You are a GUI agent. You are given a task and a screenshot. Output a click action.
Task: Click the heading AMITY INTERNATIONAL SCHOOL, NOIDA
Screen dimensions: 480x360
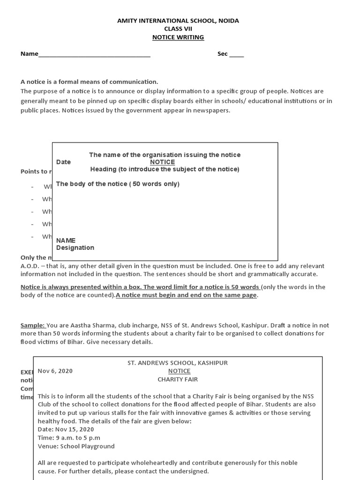coord(178,21)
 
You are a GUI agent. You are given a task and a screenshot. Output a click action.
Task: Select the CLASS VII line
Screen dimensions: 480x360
coord(178,29)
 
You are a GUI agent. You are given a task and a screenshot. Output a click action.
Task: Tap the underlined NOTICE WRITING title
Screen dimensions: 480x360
coord(178,37)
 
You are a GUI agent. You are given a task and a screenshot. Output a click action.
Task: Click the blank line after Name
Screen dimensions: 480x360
coord(94,54)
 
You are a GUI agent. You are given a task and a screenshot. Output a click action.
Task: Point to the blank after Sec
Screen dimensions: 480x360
coord(236,54)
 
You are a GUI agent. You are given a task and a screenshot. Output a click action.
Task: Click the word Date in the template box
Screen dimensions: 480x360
coord(63,162)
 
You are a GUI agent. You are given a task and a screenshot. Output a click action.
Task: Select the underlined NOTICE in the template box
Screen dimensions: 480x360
coord(162,162)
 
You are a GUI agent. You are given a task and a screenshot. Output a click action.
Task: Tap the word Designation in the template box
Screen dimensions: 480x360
coord(75,247)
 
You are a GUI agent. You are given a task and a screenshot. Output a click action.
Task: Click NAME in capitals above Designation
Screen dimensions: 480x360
coord(66,240)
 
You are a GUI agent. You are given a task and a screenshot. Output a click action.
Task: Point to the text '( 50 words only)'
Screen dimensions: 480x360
coord(154,184)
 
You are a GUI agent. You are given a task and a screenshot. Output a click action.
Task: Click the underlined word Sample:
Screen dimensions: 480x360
coord(33,325)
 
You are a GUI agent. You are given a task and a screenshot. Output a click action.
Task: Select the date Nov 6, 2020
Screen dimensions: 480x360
coord(55,371)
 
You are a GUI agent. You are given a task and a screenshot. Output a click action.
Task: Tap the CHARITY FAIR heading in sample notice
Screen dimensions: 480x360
coord(178,379)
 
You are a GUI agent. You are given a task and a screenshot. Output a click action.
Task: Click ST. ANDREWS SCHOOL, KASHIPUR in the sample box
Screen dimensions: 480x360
coord(178,363)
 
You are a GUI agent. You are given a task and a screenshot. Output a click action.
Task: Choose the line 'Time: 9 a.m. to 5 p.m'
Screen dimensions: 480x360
coord(69,438)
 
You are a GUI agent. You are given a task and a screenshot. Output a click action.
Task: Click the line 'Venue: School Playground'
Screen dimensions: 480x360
coord(76,446)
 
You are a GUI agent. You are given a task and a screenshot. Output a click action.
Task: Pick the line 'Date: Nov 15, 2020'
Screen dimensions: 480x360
coord(66,429)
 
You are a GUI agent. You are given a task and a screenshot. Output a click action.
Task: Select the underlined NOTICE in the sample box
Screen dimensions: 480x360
coord(179,371)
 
